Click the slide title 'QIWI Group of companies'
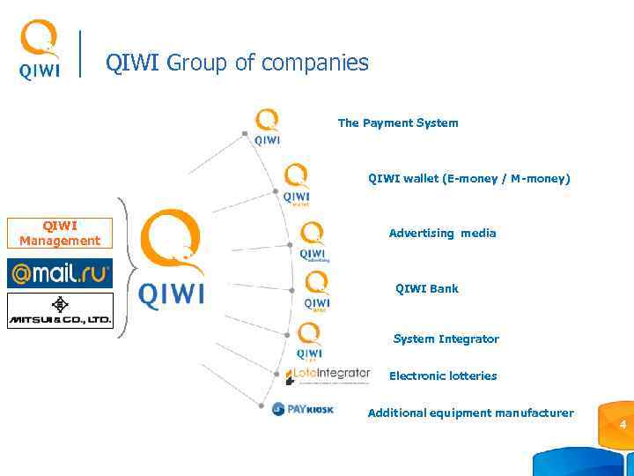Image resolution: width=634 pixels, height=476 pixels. pyautogui.click(x=237, y=63)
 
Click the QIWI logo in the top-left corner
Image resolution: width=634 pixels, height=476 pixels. pyautogui.click(x=40, y=50)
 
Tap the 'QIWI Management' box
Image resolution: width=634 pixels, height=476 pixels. pyautogui.click(x=60, y=234)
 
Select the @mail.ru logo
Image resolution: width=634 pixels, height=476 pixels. pyautogui.click(x=60, y=273)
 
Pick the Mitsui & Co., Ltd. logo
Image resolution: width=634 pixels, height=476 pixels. pyautogui.click(x=60, y=310)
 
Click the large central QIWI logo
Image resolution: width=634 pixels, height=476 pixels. pyautogui.click(x=172, y=260)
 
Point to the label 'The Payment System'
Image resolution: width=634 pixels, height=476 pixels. pyautogui.click(x=398, y=123)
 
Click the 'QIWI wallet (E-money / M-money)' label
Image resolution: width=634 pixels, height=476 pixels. pyautogui.click(x=468, y=179)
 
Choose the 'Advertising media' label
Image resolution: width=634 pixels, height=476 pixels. pyautogui.click(x=442, y=234)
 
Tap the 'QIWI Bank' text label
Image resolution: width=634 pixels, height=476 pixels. pyautogui.click(x=427, y=288)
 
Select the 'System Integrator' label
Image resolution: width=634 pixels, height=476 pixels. pyautogui.click(x=446, y=339)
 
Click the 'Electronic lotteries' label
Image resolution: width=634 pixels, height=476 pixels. pyautogui.click(x=443, y=376)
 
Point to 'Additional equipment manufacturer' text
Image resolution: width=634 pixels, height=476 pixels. pyautogui.click(x=470, y=413)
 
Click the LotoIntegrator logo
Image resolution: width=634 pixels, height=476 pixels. pyautogui.click(x=328, y=375)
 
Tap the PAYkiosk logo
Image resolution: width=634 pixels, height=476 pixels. pyautogui.click(x=303, y=409)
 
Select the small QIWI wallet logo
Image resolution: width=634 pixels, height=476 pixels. pyautogui.click(x=296, y=183)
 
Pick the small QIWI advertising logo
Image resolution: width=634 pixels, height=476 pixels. pyautogui.click(x=313, y=242)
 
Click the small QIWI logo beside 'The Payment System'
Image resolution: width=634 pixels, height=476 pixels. pyautogui.click(x=267, y=126)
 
